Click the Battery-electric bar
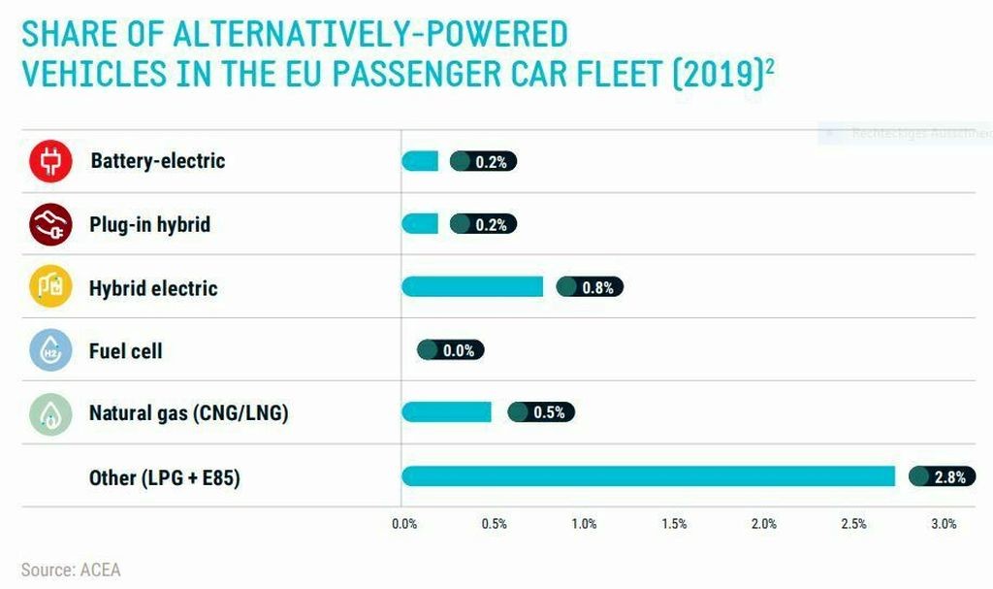pos(420,161)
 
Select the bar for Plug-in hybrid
pos(420,224)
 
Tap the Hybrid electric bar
pos(472,286)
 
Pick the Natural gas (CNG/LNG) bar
pos(446,411)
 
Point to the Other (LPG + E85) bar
pos(648,475)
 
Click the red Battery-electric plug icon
pos(51,161)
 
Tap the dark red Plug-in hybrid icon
pos(51,224)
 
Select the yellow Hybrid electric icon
pos(51,287)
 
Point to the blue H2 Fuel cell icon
pos(51,350)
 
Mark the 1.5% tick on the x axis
pos(674,524)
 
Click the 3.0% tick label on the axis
pos(944,524)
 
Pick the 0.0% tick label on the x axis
pos(404,524)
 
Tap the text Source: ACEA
pos(71,570)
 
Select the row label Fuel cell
pos(125,350)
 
